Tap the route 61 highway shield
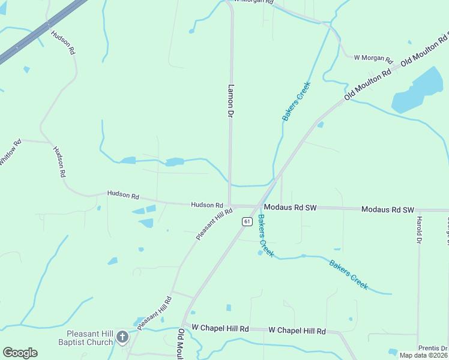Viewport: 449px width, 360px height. [247, 221]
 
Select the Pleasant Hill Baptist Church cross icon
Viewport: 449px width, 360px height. [122, 337]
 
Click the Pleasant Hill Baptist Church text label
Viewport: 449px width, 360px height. [89, 338]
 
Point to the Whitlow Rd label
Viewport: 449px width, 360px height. [10, 153]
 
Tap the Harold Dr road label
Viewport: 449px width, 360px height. [419, 230]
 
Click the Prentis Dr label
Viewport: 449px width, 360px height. [433, 348]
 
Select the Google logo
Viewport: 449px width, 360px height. [20, 353]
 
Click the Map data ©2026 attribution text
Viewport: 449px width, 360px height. [423, 355]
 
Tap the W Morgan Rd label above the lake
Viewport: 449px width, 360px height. [373, 59]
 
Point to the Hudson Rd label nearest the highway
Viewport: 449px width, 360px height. [63, 43]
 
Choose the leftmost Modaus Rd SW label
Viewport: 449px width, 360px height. [290, 208]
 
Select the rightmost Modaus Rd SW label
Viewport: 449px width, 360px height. [388, 209]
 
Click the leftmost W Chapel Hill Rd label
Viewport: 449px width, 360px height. [220, 329]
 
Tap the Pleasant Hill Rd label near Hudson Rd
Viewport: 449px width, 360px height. [214, 224]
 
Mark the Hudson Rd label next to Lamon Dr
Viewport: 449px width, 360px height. [207, 205]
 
